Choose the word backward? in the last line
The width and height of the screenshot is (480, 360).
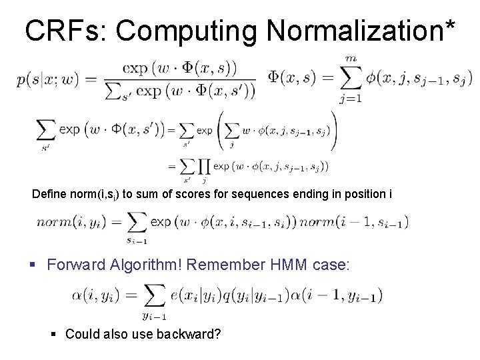coord(192,333)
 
